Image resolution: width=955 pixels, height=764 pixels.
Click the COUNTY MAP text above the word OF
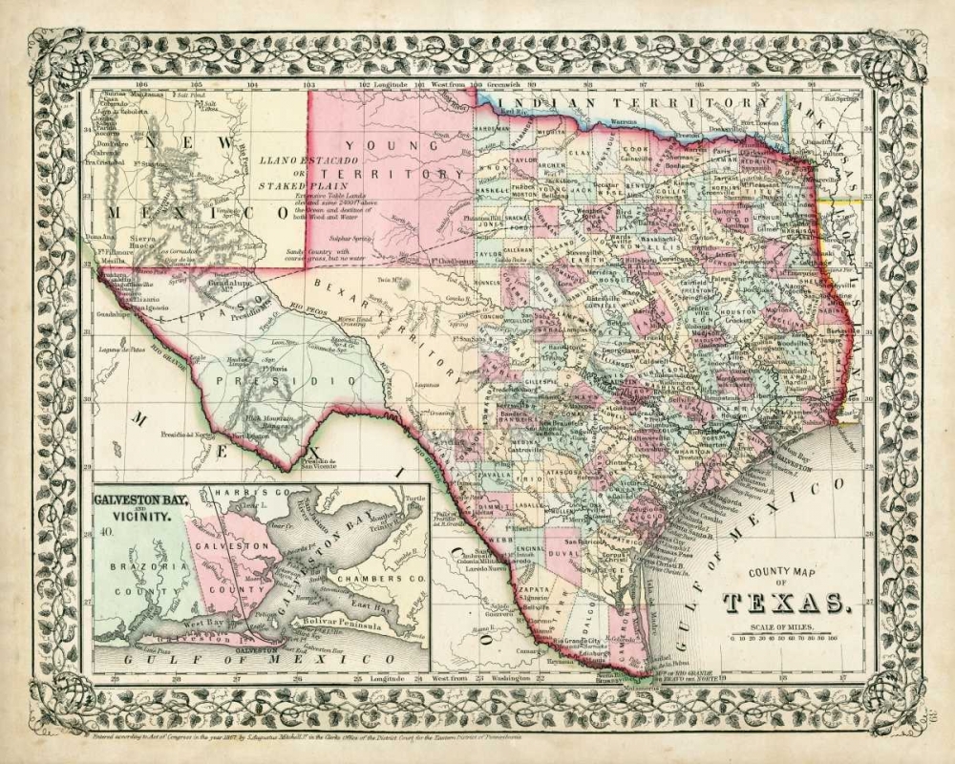pos(783,572)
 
